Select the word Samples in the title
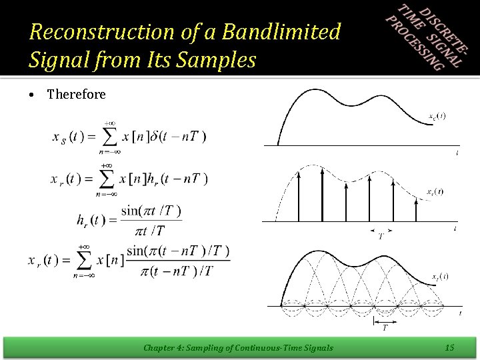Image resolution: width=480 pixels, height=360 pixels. point(221,61)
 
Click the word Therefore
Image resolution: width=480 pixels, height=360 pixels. point(76,95)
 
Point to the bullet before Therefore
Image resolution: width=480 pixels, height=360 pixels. point(32,95)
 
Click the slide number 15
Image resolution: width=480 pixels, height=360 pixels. point(449,347)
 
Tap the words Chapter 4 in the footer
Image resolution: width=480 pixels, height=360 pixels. point(165,347)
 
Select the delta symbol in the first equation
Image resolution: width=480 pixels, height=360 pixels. point(159,137)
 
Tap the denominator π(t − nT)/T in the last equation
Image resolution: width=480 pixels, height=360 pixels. point(179,270)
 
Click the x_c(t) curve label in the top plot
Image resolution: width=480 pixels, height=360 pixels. point(437,116)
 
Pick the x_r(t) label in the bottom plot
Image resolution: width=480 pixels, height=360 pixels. point(439,276)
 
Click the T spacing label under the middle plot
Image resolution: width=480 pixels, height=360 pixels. point(381,236)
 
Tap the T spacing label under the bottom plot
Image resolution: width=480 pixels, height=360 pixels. point(384,327)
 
